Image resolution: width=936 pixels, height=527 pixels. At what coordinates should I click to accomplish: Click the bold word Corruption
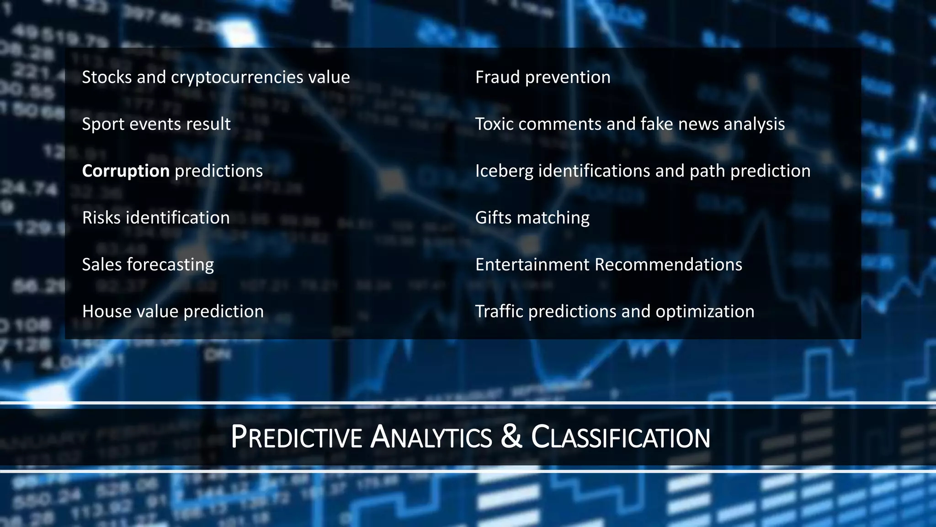click(x=126, y=171)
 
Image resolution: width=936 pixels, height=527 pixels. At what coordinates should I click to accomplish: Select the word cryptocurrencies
click(x=237, y=77)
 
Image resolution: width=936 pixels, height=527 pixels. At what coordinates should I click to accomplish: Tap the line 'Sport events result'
click(x=156, y=124)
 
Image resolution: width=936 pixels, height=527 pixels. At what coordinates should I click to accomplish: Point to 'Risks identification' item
click(x=156, y=218)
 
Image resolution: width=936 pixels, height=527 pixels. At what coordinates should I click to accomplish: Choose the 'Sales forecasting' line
click(x=148, y=265)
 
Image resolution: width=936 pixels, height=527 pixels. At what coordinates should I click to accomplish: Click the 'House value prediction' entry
click(x=173, y=312)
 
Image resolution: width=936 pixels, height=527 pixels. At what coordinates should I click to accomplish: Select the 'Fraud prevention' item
click(x=542, y=77)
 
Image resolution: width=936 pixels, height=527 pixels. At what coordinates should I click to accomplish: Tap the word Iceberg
click(x=504, y=171)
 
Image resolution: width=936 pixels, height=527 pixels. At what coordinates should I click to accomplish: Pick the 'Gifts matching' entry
click(x=532, y=218)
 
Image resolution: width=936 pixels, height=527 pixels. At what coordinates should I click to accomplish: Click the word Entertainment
click(x=532, y=265)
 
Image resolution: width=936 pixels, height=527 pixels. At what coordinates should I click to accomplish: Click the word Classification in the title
click(x=620, y=437)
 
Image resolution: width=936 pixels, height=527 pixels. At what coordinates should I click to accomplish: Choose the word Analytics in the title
click(x=431, y=437)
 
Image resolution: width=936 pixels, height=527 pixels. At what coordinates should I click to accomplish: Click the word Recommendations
click(x=668, y=265)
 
